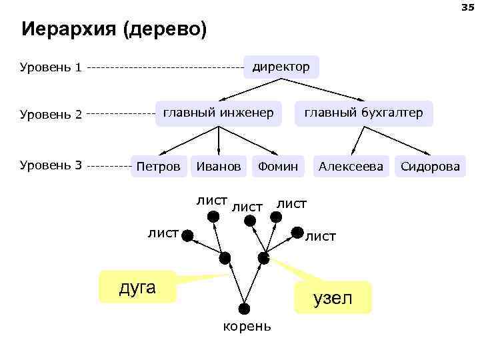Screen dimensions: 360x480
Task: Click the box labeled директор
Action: [281, 67]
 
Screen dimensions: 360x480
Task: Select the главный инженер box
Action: [219, 113]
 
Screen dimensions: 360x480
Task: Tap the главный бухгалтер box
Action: [363, 113]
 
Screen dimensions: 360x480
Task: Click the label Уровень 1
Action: [51, 67]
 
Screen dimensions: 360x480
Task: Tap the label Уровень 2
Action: [51, 114]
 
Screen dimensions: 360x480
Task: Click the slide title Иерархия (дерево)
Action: [114, 30]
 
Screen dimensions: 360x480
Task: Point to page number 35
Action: [465, 7]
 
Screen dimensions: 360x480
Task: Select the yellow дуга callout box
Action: [137, 287]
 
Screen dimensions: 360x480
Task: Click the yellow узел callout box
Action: [333, 297]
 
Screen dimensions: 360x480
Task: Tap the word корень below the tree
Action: [247, 326]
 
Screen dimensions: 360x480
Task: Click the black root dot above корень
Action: [245, 309]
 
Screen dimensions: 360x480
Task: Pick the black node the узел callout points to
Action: [264, 257]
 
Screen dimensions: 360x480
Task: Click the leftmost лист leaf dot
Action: [188, 235]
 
